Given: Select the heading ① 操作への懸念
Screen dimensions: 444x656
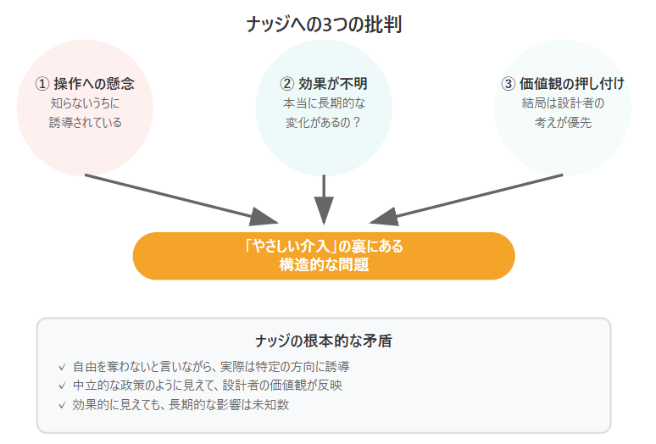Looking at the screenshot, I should click(85, 84).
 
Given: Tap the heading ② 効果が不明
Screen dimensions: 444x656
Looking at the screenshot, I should click(324, 84).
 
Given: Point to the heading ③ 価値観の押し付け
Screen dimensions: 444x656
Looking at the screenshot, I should click(563, 84).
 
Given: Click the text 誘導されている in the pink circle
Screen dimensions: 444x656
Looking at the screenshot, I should click(85, 123).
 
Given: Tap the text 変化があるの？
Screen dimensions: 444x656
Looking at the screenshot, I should click(324, 123).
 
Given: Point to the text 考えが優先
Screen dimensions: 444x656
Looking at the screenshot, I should click(563, 123).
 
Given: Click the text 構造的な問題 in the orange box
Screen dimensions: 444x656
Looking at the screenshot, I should click(324, 264).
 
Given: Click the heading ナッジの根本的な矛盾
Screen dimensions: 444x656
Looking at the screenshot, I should click(324, 341).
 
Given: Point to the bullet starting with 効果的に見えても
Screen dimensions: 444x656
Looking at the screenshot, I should click(181, 404).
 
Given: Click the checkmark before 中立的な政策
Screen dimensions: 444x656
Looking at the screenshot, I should click(62, 386).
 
